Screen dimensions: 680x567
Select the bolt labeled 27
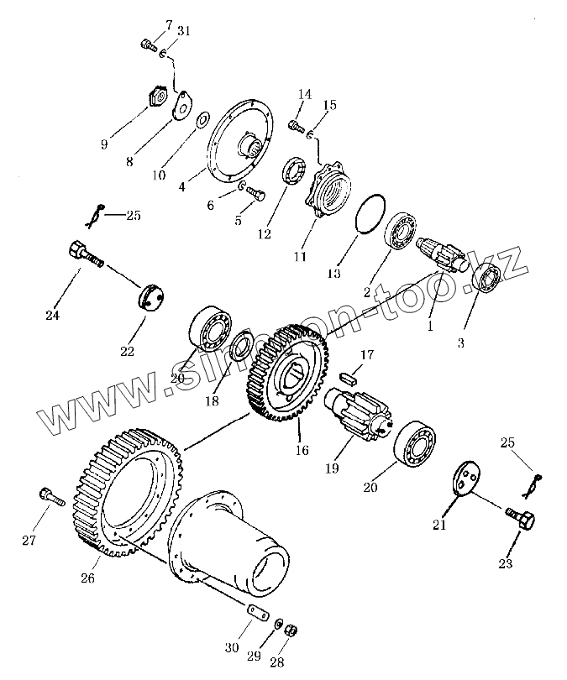point(50,496)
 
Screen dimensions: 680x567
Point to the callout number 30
point(232,647)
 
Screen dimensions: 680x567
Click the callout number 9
point(104,144)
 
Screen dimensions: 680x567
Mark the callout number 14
point(304,94)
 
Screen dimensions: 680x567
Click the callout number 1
point(429,327)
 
